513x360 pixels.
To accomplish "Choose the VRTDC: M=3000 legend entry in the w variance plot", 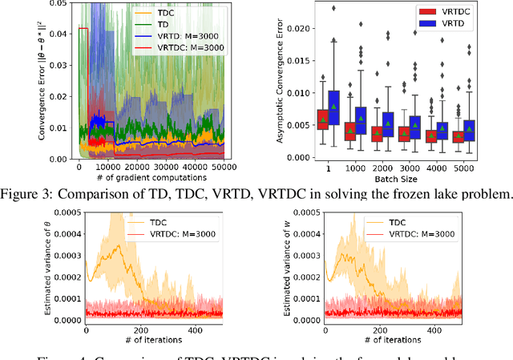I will point(424,233).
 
